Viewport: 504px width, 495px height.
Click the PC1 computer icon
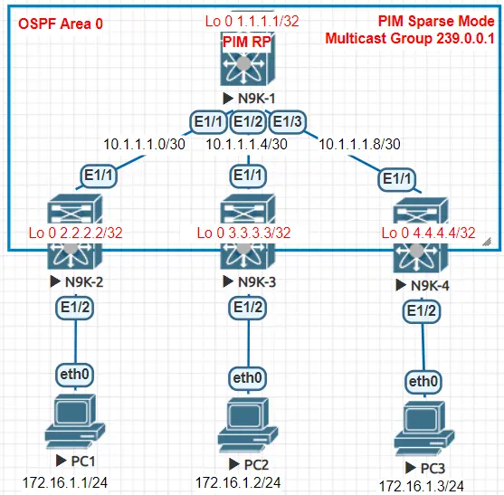pos(74,415)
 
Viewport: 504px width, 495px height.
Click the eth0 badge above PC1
pos(74,371)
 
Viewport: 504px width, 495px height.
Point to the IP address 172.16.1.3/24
pos(422,486)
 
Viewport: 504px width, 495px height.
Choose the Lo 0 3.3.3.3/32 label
pos(244,233)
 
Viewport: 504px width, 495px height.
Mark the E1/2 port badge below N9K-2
pos(74,308)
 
